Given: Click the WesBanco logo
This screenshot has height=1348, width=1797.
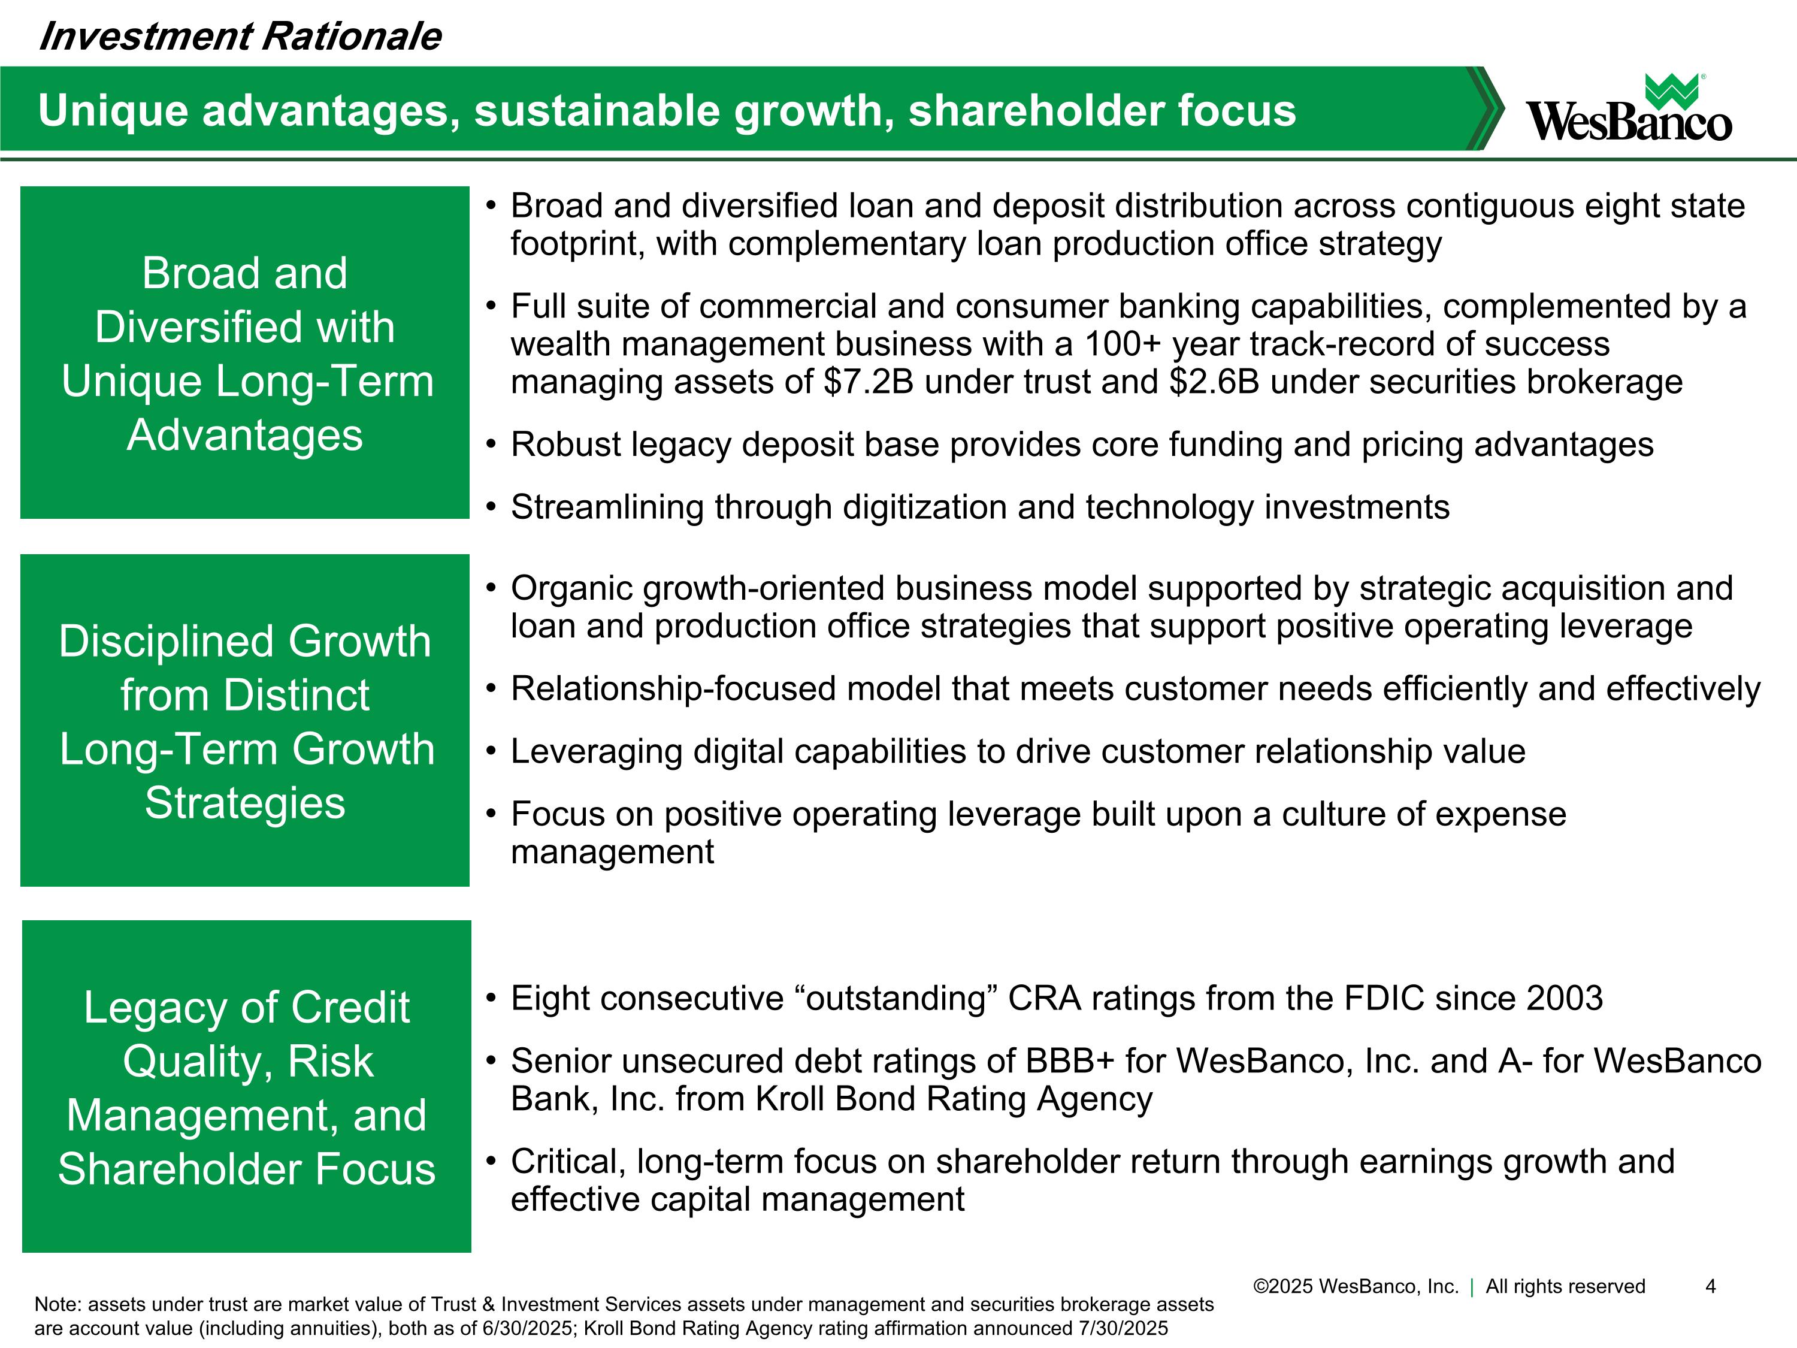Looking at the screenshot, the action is click(x=1629, y=108).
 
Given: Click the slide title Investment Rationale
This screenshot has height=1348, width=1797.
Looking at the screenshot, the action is click(x=240, y=37).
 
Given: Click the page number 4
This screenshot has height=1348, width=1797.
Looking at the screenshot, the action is click(x=1710, y=1286).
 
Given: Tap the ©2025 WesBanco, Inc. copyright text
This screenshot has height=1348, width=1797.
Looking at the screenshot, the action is click(x=1356, y=1286).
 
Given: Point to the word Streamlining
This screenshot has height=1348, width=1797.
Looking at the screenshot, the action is click(x=607, y=507).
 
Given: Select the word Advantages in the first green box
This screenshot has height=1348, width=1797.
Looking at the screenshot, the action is click(x=244, y=435).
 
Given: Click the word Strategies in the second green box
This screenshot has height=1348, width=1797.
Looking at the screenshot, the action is click(x=244, y=803).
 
